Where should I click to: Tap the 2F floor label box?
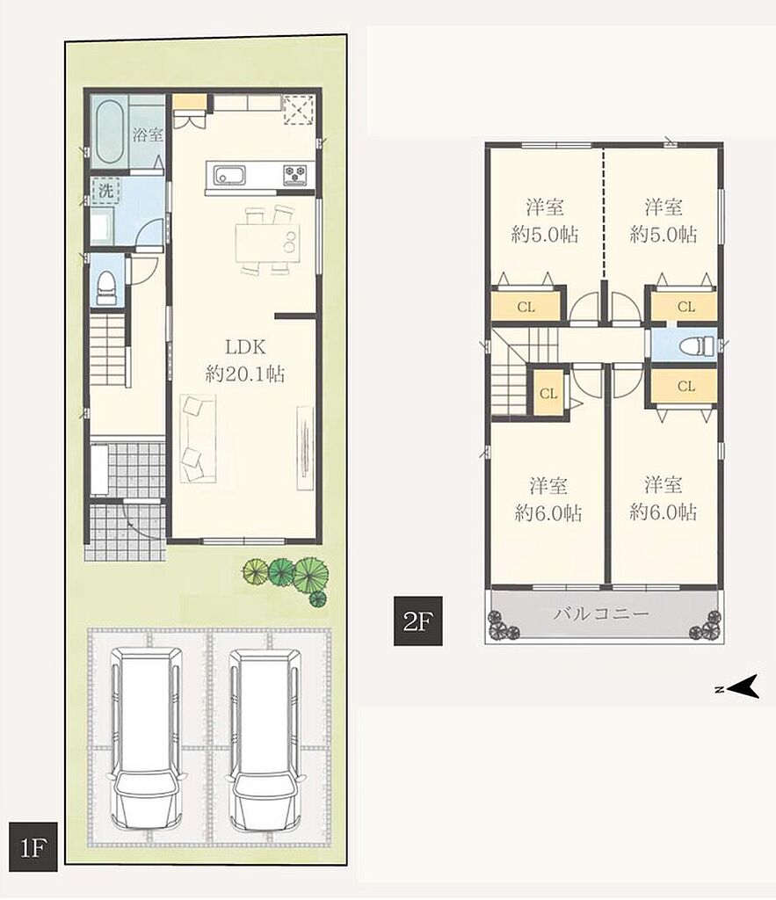pyautogui.click(x=417, y=621)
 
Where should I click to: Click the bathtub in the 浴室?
pyautogui.click(x=108, y=132)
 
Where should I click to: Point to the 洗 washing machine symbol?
pyautogui.click(x=105, y=191)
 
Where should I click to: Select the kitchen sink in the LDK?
pyautogui.click(x=229, y=175)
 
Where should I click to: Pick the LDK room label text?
pyautogui.click(x=245, y=346)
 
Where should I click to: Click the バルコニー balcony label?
pyautogui.click(x=601, y=613)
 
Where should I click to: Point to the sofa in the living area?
pyautogui.click(x=198, y=439)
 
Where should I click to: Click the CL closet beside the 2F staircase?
pyautogui.click(x=548, y=393)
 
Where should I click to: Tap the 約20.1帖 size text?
pyautogui.click(x=245, y=374)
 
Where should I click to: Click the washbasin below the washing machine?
pyautogui.click(x=104, y=228)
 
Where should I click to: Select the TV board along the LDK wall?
pyautogui.click(x=305, y=447)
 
